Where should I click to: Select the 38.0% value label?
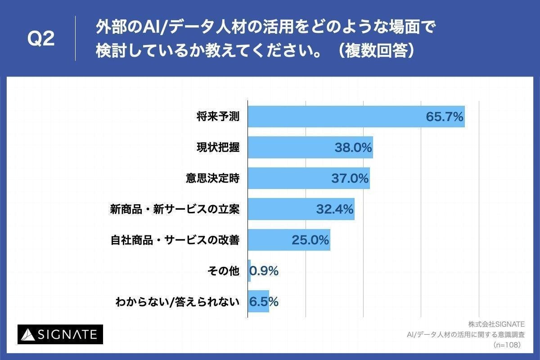[x=353, y=148]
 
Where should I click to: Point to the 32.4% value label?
[x=334, y=209]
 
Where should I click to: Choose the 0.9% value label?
[x=264, y=271]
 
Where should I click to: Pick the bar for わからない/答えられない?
[x=258, y=301]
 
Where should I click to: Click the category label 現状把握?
[x=218, y=148]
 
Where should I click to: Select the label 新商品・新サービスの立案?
[x=175, y=209]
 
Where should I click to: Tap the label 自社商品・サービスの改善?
[x=175, y=240]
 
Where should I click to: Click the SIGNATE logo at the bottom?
[x=60, y=334]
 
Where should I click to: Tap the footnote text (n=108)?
[x=507, y=345]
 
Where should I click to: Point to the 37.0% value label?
[x=350, y=179]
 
